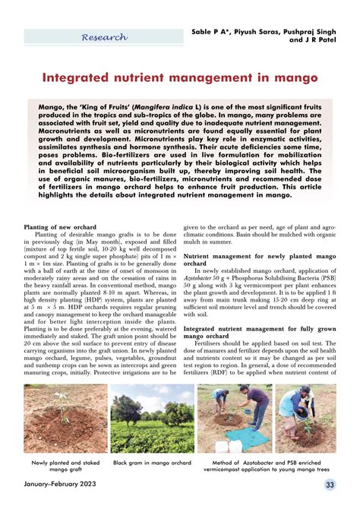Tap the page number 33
pyautogui.click(x=330, y=485)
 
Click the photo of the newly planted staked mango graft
pyautogui.click(x=65, y=419)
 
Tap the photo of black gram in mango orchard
pyautogui.click(x=152, y=419)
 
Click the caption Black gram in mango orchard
pyautogui.click(x=152, y=462)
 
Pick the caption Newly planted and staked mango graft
pyautogui.click(x=65, y=466)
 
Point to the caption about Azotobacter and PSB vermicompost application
pyautogui.click(x=267, y=466)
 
